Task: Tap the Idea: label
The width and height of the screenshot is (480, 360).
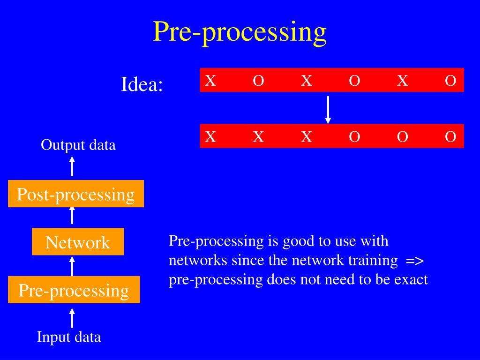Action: click(x=142, y=84)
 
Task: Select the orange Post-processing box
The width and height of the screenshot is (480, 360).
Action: click(x=76, y=194)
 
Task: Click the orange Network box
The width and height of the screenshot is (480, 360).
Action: click(x=78, y=241)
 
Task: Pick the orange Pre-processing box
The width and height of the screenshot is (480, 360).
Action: click(x=74, y=290)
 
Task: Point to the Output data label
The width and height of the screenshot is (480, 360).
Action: click(x=78, y=145)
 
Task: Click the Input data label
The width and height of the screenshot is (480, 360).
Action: click(x=69, y=337)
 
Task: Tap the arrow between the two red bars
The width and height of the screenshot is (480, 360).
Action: click(x=328, y=110)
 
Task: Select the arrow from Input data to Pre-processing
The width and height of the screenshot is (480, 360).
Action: click(x=72, y=318)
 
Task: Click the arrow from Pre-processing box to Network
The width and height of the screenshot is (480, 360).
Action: click(x=72, y=266)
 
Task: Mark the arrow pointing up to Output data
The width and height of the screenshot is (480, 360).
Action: click(x=72, y=166)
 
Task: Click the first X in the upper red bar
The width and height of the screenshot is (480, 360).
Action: click(x=210, y=81)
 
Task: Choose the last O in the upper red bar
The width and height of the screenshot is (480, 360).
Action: click(x=450, y=81)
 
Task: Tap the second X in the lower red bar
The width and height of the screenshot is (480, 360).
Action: click(x=258, y=136)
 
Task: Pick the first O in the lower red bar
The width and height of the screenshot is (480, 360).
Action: click(x=354, y=136)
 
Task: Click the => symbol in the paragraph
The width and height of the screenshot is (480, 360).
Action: click(x=415, y=261)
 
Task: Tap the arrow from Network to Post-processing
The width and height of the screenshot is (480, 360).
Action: click(x=72, y=216)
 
